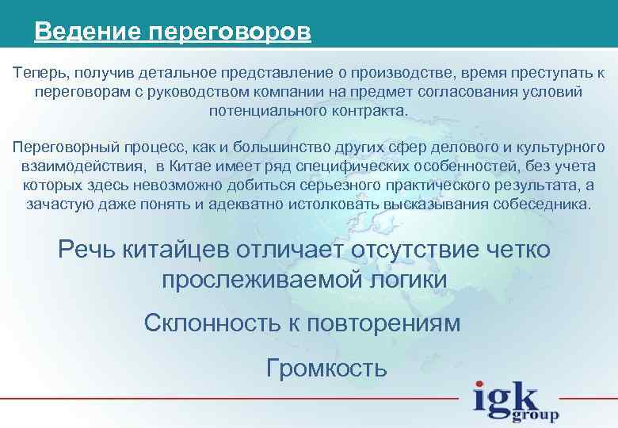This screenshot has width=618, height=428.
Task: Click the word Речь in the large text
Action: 88,250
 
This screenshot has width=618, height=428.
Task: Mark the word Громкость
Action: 326,368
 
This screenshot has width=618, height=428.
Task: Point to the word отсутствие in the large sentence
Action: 410,250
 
